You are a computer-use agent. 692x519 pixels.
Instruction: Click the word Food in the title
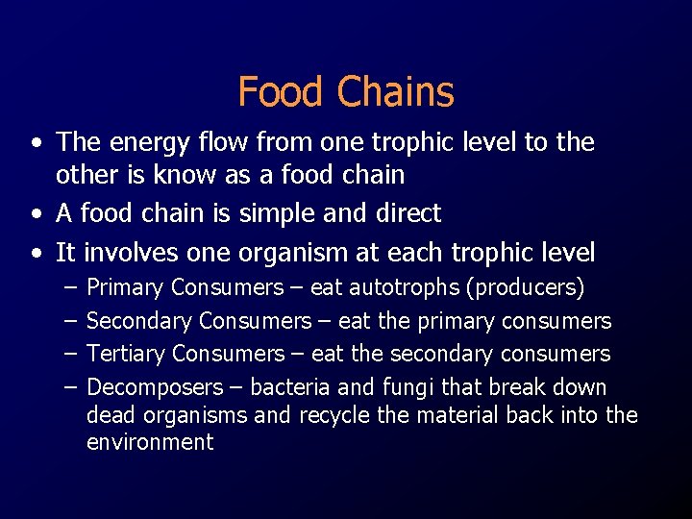pos(281,92)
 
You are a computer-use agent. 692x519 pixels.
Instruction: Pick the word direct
pos(403,213)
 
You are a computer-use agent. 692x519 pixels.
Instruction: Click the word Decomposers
pos(155,387)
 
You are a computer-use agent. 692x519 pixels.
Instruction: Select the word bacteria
pos(292,387)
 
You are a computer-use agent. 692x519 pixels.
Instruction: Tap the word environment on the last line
pos(150,442)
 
